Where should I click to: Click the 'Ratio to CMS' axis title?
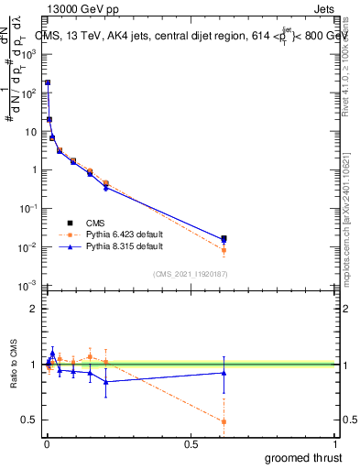13,365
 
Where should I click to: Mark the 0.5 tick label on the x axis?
191,444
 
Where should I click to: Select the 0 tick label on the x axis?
45,444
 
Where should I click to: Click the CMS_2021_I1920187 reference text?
191,274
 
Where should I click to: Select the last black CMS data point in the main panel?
224,238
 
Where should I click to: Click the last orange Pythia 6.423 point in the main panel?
224,250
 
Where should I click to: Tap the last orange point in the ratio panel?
224,421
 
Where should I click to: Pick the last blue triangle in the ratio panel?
224,372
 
